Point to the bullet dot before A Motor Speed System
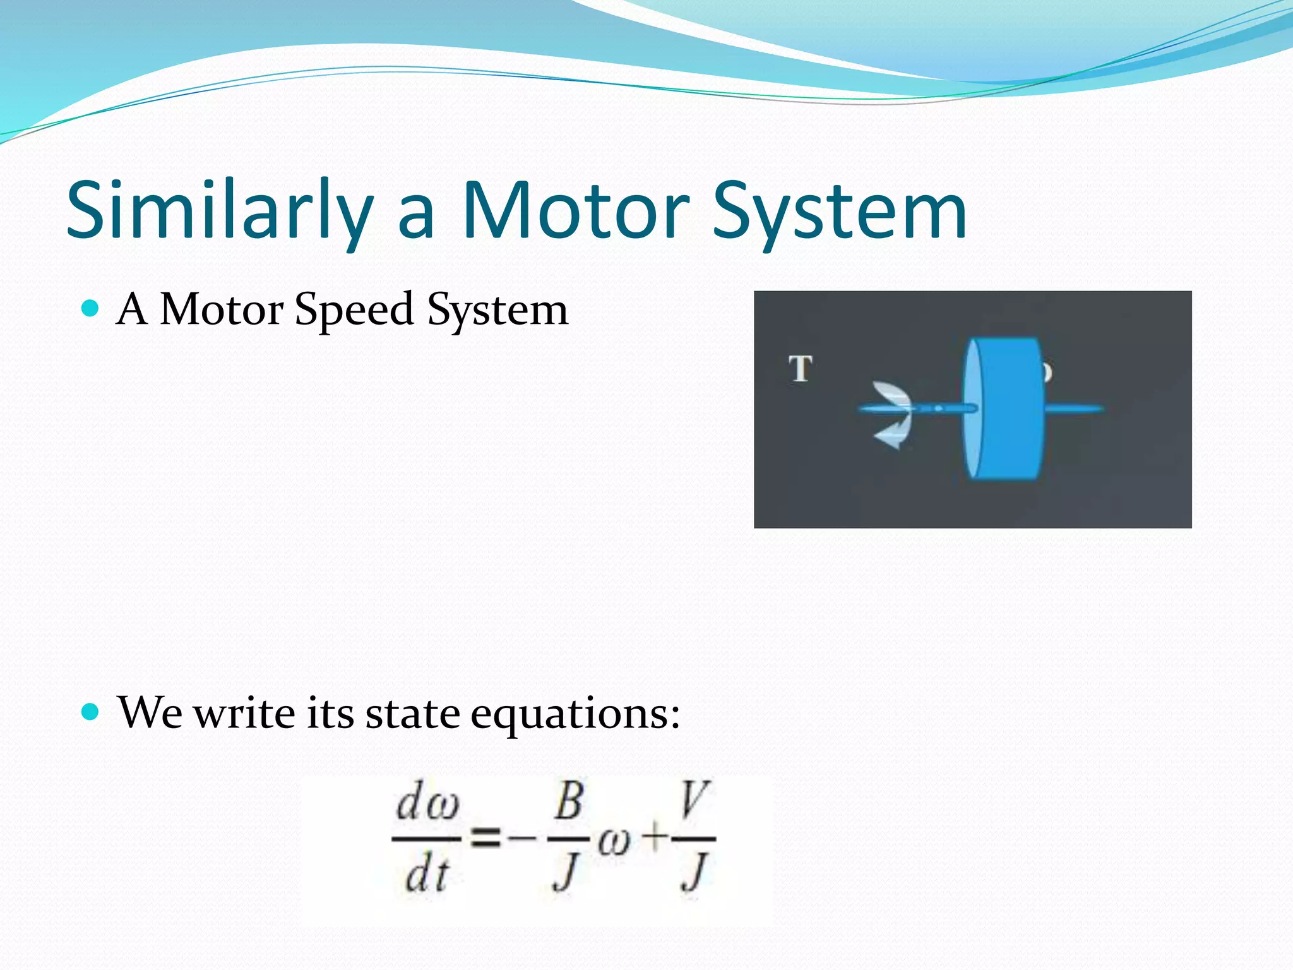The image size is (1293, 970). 91,308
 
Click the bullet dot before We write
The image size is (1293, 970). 91,712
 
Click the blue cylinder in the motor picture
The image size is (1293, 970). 1004,409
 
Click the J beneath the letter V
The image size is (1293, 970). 694,871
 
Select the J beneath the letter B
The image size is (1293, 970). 566,871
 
